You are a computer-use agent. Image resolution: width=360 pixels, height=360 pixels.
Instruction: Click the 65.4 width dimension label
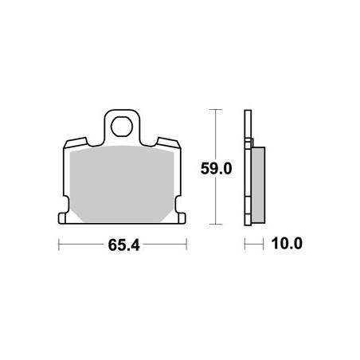123,245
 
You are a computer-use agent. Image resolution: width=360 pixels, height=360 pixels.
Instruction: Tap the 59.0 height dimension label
216,169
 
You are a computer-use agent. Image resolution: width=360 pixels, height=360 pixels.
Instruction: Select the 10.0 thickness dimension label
287,244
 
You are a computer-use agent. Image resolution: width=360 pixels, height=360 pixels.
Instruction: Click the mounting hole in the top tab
122,127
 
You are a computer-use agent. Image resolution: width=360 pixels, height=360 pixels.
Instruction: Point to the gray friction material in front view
122,184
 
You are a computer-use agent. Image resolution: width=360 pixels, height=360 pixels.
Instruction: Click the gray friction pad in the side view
258,185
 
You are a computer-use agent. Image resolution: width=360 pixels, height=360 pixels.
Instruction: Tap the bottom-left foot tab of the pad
62,218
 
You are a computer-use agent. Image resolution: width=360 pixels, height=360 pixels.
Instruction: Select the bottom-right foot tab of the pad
182,218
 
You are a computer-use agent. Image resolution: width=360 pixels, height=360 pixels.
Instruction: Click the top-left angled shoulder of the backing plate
76,143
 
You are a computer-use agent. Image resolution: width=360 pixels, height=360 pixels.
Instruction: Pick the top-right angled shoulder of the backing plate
169,143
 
